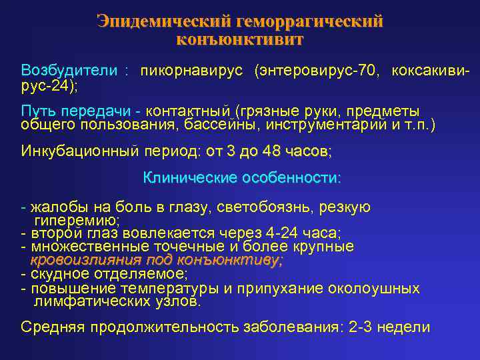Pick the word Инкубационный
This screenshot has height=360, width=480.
pos(79,151)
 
